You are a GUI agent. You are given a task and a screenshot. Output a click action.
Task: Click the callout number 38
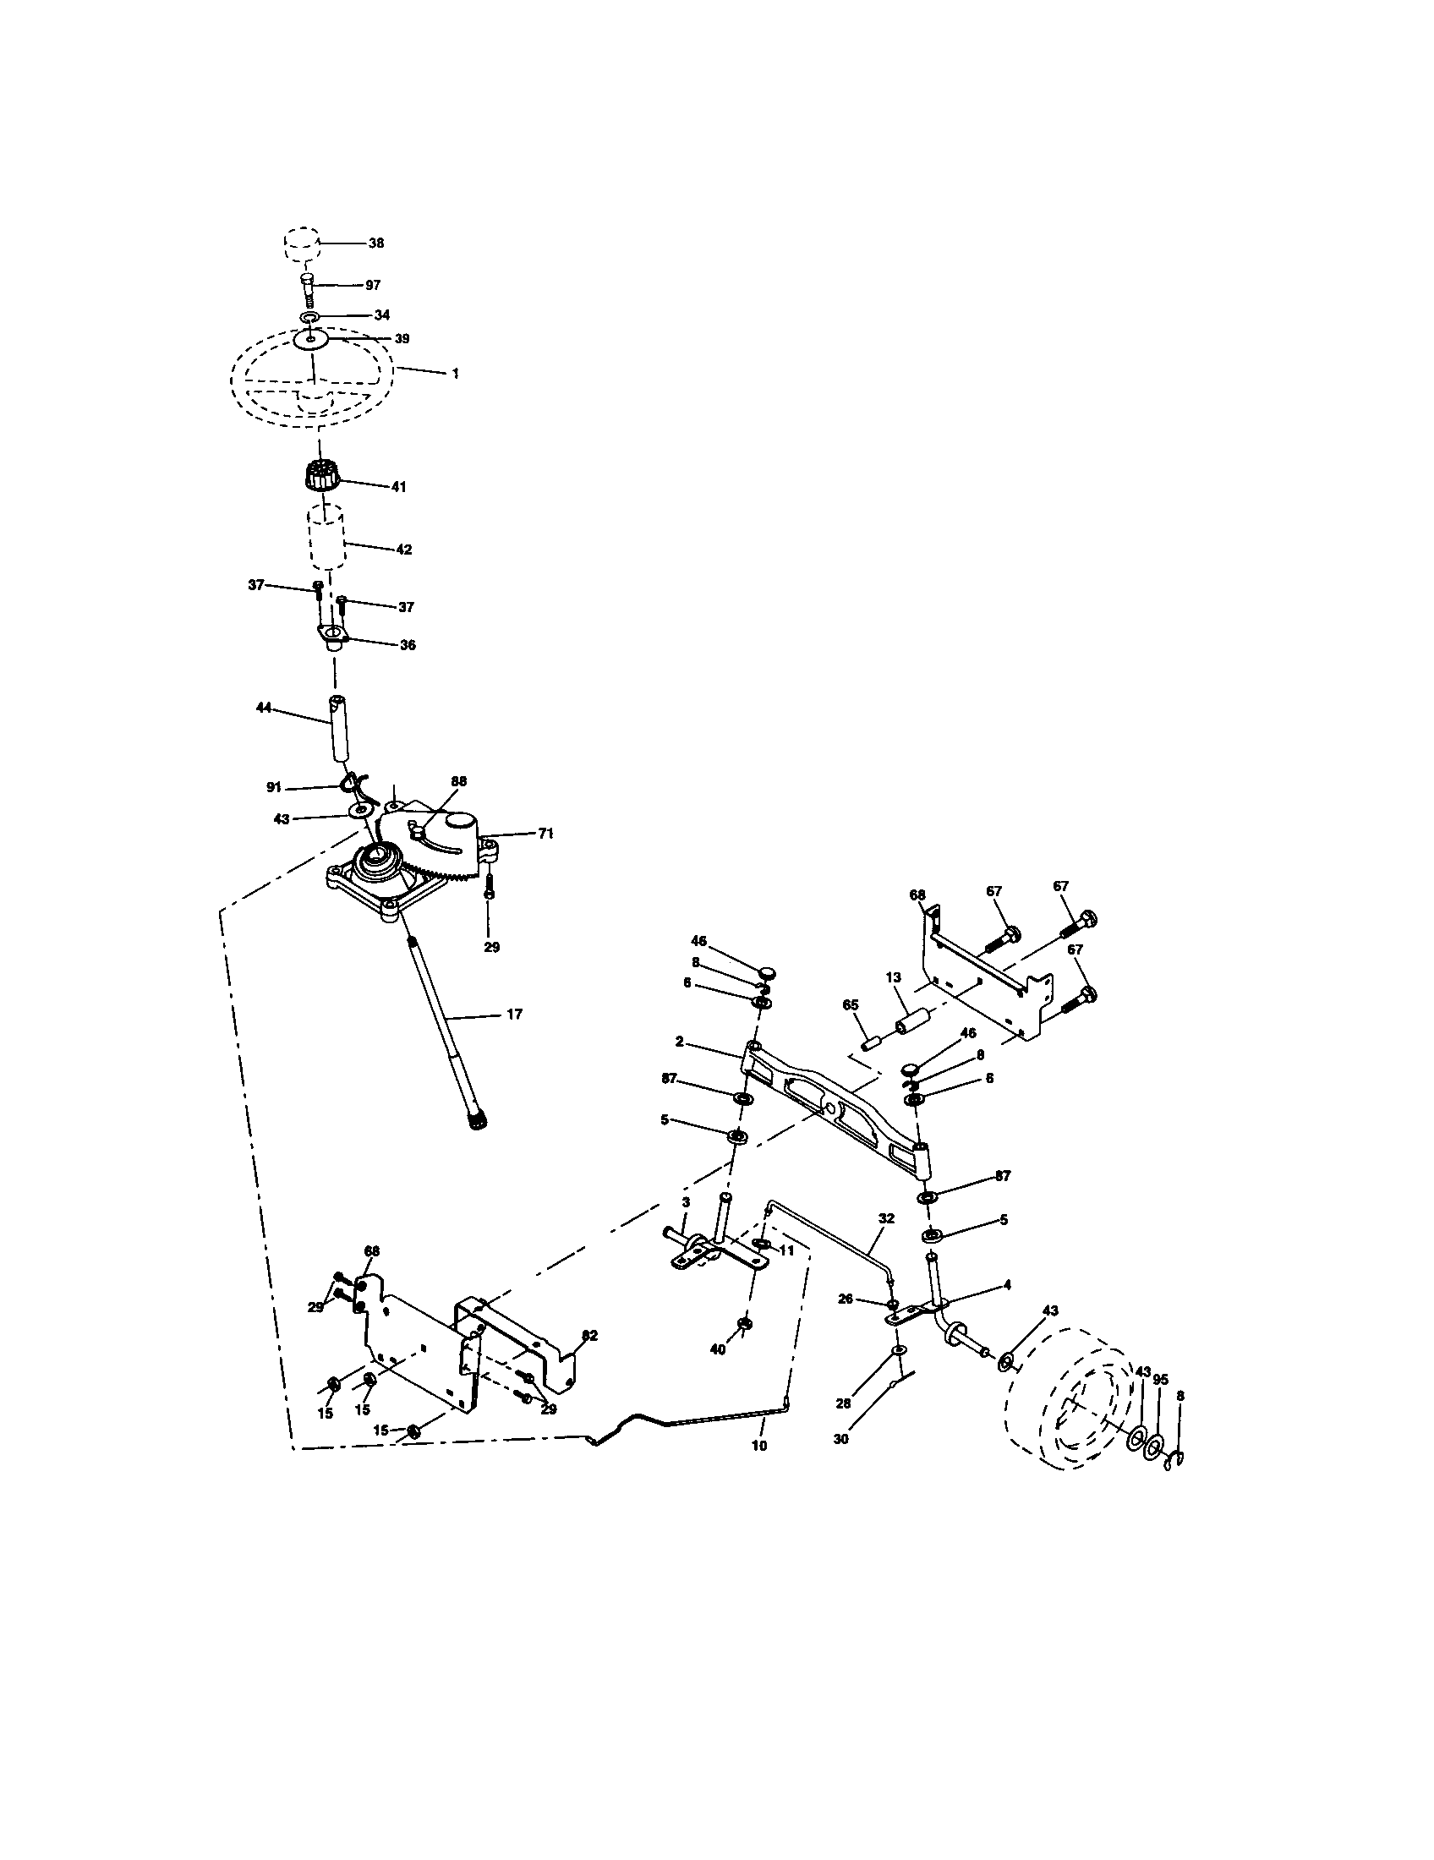[x=375, y=243]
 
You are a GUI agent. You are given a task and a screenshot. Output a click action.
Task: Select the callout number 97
[x=372, y=285]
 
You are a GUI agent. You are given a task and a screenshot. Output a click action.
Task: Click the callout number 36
[x=407, y=645]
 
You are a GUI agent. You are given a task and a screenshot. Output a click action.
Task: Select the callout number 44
[x=263, y=707]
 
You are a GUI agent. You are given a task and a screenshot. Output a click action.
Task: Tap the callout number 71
[x=545, y=834]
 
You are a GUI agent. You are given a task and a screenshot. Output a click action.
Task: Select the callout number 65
[x=850, y=1005]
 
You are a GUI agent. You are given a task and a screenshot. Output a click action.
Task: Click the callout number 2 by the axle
[x=680, y=1042]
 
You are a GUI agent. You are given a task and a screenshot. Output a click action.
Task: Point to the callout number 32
[x=885, y=1218]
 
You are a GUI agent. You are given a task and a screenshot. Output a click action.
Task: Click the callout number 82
[x=588, y=1335]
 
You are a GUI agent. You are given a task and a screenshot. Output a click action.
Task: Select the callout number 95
[x=1161, y=1379]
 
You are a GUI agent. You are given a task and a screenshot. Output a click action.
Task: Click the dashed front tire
[x=1073, y=1414]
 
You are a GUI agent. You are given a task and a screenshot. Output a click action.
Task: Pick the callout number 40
[x=718, y=1350]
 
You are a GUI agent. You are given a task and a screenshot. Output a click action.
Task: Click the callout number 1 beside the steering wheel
[x=455, y=373]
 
